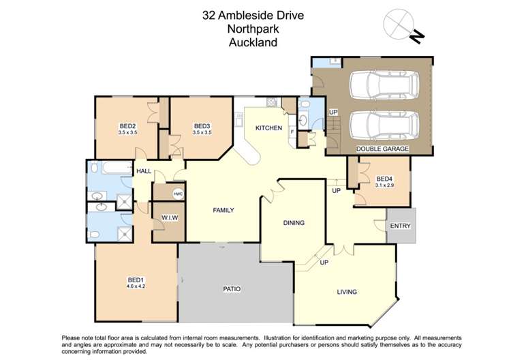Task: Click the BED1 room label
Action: coord(135,280)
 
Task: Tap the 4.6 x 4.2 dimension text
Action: coord(135,286)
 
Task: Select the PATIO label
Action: coord(232,289)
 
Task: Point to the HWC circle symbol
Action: coord(178,194)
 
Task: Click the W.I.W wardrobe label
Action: coord(169,217)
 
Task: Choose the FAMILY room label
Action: coord(223,210)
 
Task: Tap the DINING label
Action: coord(294,222)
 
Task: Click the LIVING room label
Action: coord(347,292)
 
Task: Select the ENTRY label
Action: coord(400,226)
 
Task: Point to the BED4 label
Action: coord(384,179)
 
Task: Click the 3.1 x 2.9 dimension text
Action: coord(384,185)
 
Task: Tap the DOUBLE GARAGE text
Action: coord(382,148)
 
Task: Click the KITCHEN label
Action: coord(268,128)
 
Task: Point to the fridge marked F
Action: coord(292,130)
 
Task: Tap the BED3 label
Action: coord(202,125)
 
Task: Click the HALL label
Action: coord(144,171)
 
